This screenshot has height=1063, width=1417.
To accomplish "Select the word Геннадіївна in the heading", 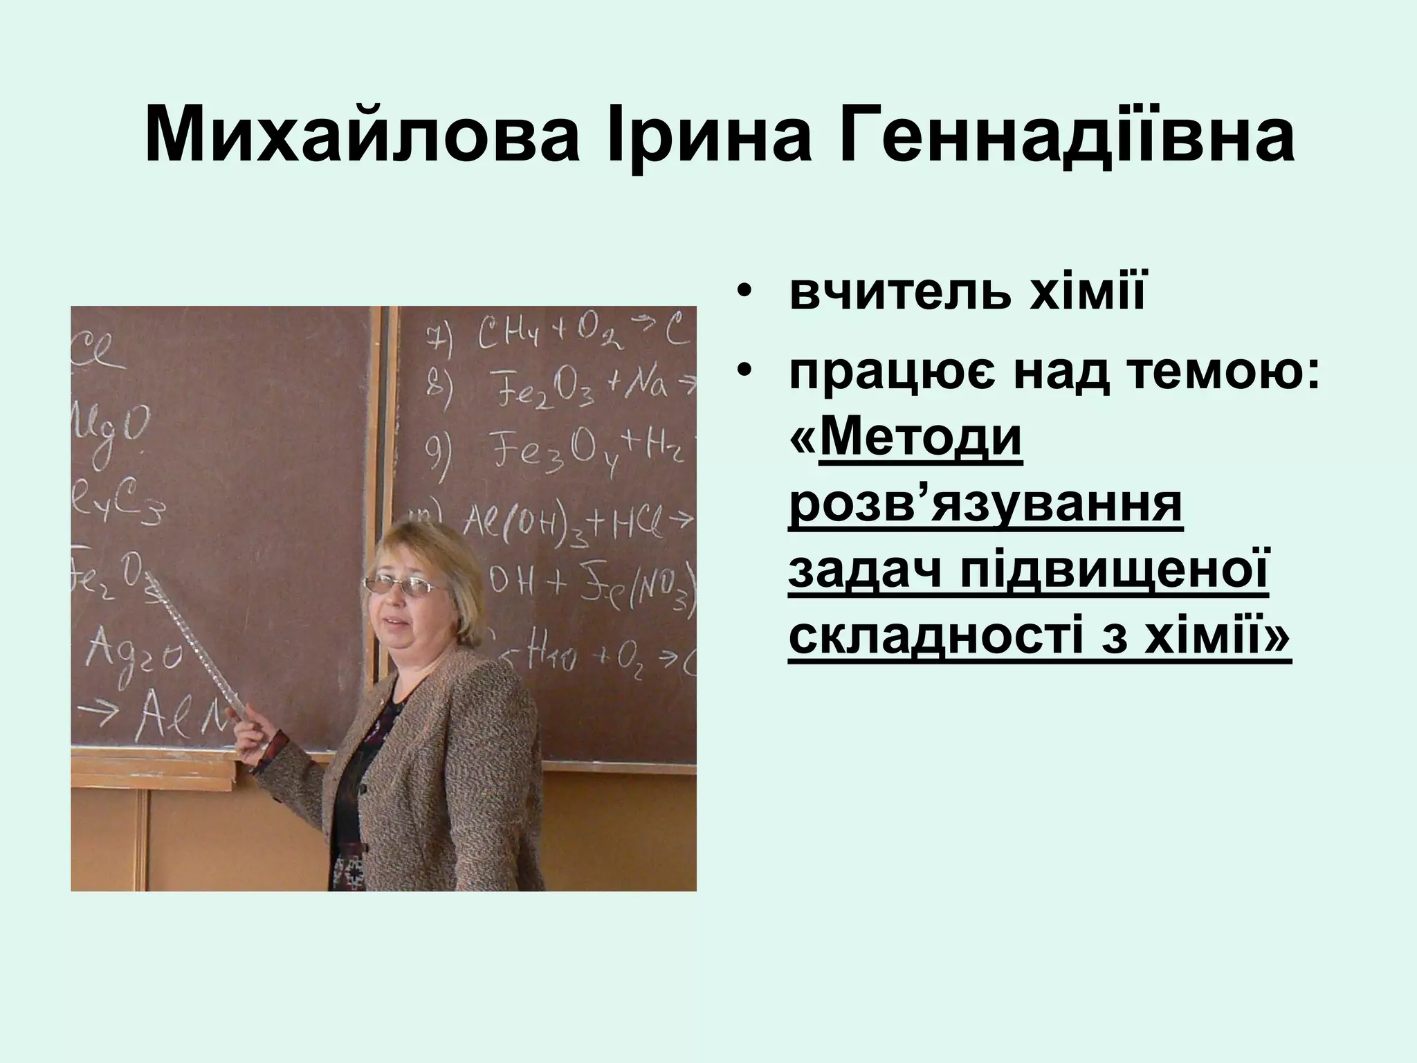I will tap(1066, 135).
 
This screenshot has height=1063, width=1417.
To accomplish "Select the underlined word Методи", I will tap(920, 439).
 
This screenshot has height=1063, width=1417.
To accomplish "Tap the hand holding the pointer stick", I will tap(253, 733).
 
